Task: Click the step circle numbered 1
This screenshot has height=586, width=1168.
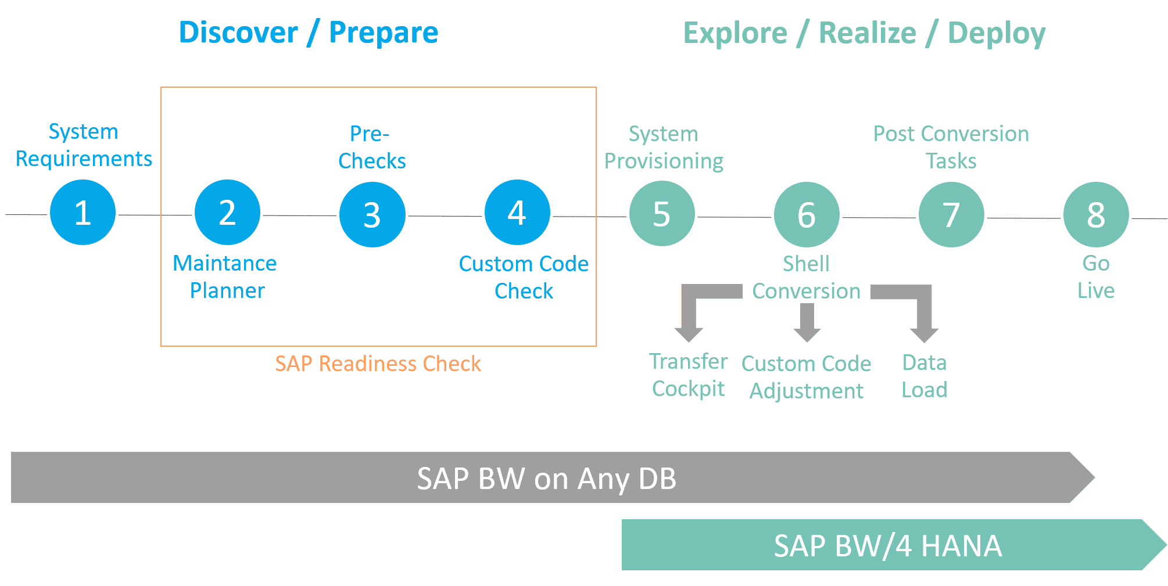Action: tap(83, 213)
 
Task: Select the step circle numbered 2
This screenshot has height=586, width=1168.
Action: tap(227, 213)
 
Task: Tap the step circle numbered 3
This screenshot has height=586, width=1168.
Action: tap(372, 214)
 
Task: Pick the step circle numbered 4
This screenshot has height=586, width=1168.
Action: tap(517, 213)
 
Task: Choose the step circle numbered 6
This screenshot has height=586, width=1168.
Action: tap(806, 214)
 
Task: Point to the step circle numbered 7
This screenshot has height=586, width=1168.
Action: tap(951, 214)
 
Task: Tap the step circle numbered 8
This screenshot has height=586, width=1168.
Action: tap(1095, 214)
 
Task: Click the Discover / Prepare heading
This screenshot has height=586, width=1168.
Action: tap(308, 33)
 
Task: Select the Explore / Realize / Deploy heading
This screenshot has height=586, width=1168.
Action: tap(864, 33)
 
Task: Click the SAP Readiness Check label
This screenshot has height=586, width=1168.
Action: tap(378, 364)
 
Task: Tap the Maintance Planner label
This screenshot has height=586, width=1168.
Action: tap(225, 277)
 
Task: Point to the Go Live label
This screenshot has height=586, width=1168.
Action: tap(1095, 277)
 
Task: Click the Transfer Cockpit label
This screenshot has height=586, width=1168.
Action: tap(688, 375)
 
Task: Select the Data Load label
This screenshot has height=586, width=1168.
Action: tap(924, 376)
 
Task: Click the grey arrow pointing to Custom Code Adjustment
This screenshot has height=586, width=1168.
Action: tap(807, 323)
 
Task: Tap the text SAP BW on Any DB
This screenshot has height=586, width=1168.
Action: tap(546, 479)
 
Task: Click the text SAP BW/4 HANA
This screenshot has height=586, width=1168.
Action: tap(887, 546)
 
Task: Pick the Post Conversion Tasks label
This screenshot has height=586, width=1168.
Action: tap(951, 147)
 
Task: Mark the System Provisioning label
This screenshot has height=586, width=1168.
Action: tap(664, 147)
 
